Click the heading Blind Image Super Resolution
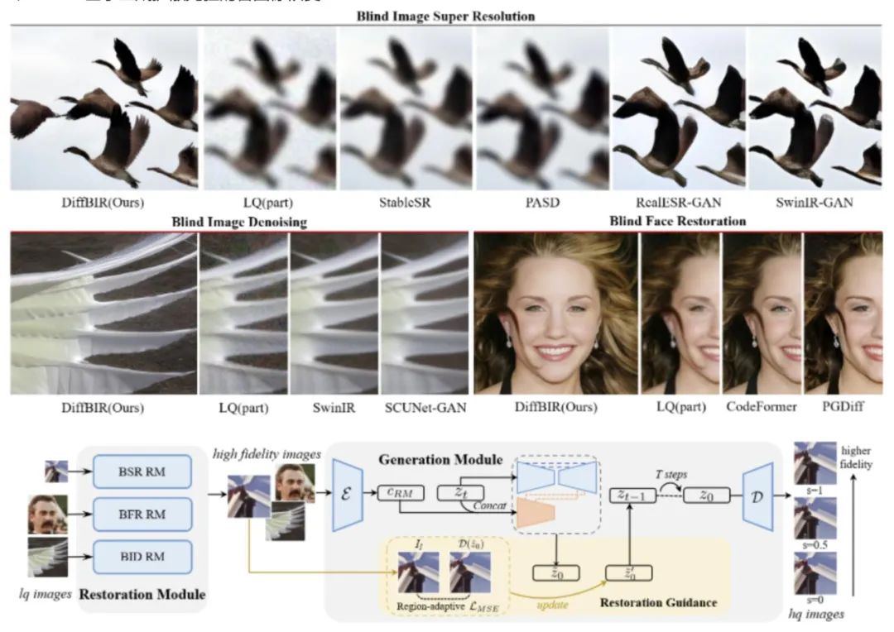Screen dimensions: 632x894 [445, 16]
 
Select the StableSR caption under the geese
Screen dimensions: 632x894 [406, 201]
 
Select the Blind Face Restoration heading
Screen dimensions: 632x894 [677, 221]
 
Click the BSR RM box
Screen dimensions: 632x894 [142, 471]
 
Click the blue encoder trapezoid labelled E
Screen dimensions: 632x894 [348, 494]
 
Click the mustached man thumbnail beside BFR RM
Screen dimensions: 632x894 [46, 514]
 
